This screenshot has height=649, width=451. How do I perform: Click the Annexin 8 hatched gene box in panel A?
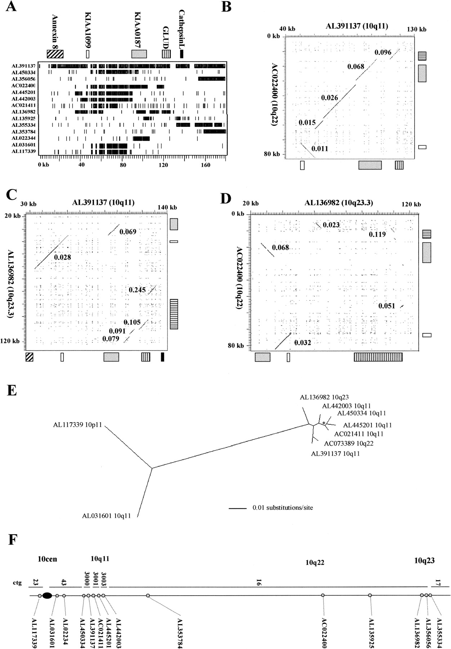55,54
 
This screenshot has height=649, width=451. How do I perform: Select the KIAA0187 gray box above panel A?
139,54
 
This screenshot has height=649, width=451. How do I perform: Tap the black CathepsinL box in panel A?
182,54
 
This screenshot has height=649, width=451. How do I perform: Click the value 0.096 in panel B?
383,52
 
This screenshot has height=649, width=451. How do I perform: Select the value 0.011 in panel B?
320,148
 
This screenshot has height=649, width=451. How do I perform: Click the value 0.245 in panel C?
137,290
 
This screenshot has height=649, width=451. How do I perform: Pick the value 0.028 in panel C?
62,257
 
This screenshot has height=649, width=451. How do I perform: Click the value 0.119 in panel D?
377,234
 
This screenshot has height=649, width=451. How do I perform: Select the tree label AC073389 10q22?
348,443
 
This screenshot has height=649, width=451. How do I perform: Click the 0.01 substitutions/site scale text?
282,508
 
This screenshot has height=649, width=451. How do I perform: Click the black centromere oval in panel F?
47,595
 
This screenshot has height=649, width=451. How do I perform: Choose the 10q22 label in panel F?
315,562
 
